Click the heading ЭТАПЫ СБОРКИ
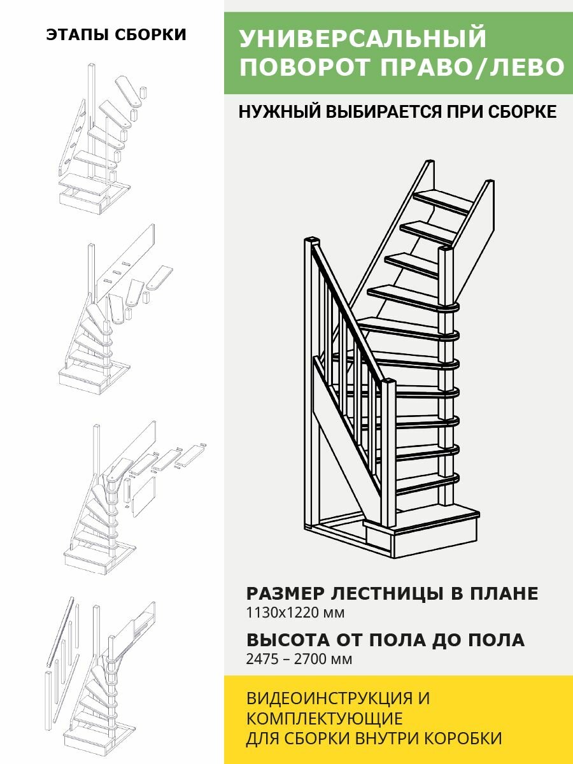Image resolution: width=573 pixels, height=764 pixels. point(117,35)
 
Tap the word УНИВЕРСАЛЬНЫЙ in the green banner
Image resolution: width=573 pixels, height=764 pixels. point(363,39)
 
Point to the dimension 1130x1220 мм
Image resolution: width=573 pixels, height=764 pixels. point(295,613)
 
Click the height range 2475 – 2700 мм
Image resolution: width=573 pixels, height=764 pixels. point(299,659)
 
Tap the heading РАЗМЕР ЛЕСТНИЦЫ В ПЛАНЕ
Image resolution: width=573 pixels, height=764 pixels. point(392,594)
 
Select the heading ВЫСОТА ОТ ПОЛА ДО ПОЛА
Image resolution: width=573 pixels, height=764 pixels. point(385,640)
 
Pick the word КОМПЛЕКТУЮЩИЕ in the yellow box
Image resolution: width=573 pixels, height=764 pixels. point(324,719)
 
